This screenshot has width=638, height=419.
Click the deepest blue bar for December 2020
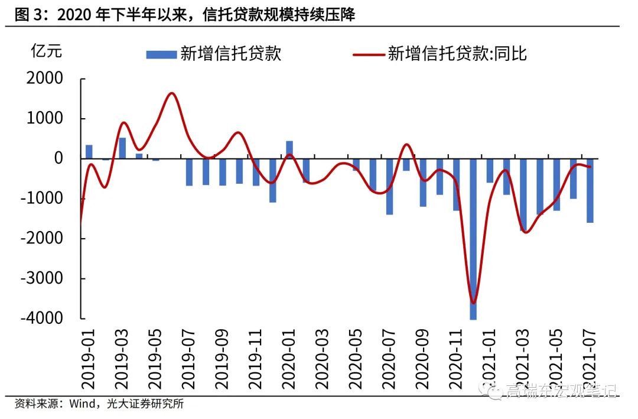pos(473,239)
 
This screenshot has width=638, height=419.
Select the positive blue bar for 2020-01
pos(289,150)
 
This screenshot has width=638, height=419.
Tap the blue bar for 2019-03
pos(122,148)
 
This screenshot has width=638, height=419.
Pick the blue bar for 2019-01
pos(89,151)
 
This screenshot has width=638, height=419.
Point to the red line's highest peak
pos(171,93)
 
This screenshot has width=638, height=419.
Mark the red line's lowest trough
pos(473,303)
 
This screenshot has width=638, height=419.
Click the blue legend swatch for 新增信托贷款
pos(161,54)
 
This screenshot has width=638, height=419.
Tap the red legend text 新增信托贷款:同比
pos(457,54)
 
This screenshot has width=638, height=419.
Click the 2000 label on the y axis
pos(45,79)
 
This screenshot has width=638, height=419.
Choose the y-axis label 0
pos(58,158)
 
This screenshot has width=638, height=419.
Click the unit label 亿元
pos(45,51)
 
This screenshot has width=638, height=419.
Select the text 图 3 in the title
pos(26,15)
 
